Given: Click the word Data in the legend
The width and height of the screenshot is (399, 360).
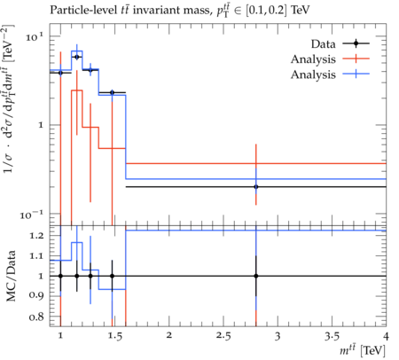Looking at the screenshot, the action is (x=323, y=44).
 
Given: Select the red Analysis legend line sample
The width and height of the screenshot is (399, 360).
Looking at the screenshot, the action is (x=356, y=59).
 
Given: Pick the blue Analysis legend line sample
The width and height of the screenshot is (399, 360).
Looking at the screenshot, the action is (x=356, y=74).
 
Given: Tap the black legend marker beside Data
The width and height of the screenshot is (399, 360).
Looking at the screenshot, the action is (x=356, y=43).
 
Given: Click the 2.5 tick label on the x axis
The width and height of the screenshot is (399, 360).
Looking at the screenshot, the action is (x=223, y=336).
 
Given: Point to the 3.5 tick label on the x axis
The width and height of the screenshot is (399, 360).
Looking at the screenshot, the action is (x=332, y=336).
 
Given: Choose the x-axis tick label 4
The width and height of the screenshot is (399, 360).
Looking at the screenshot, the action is (x=386, y=336).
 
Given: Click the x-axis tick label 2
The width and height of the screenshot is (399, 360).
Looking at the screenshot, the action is (x=168, y=336).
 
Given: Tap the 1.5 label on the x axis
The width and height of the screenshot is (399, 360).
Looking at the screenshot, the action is (x=115, y=336).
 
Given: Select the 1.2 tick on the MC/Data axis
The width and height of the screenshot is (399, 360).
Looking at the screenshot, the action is (x=36, y=236).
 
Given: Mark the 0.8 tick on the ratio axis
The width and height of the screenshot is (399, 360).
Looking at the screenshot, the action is (x=36, y=317).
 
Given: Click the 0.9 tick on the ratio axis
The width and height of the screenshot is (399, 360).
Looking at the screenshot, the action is (x=36, y=295).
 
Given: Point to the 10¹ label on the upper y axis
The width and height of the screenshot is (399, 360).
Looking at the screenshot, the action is (x=35, y=37).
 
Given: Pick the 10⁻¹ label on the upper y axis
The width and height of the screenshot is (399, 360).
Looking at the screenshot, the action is (x=32, y=215).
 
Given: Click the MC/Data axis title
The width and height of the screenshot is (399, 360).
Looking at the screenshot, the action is (x=11, y=276).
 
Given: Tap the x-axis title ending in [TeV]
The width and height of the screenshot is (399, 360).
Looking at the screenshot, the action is (x=363, y=350).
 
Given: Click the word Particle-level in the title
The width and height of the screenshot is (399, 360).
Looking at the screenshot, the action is (x=82, y=10).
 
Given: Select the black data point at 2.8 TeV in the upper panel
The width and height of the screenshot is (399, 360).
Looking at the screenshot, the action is (x=256, y=187).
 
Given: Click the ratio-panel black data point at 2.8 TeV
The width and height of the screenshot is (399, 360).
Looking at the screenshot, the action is (x=256, y=276).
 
